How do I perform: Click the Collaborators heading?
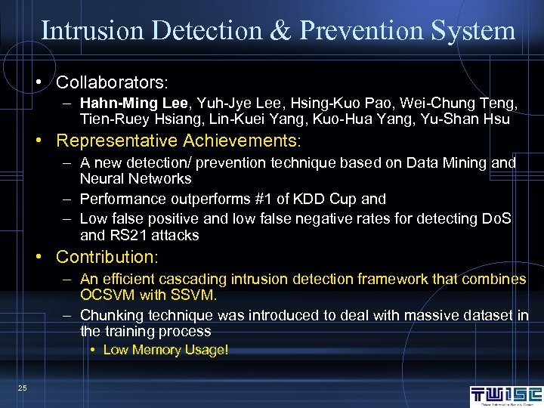click(x=112, y=81)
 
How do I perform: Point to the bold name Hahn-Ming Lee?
click(x=127, y=103)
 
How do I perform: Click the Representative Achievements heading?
click(x=178, y=141)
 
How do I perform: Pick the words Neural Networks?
click(x=136, y=179)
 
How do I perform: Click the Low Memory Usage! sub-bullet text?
click(x=165, y=350)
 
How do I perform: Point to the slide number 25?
click(x=22, y=388)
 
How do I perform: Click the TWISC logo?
click(x=505, y=395)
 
